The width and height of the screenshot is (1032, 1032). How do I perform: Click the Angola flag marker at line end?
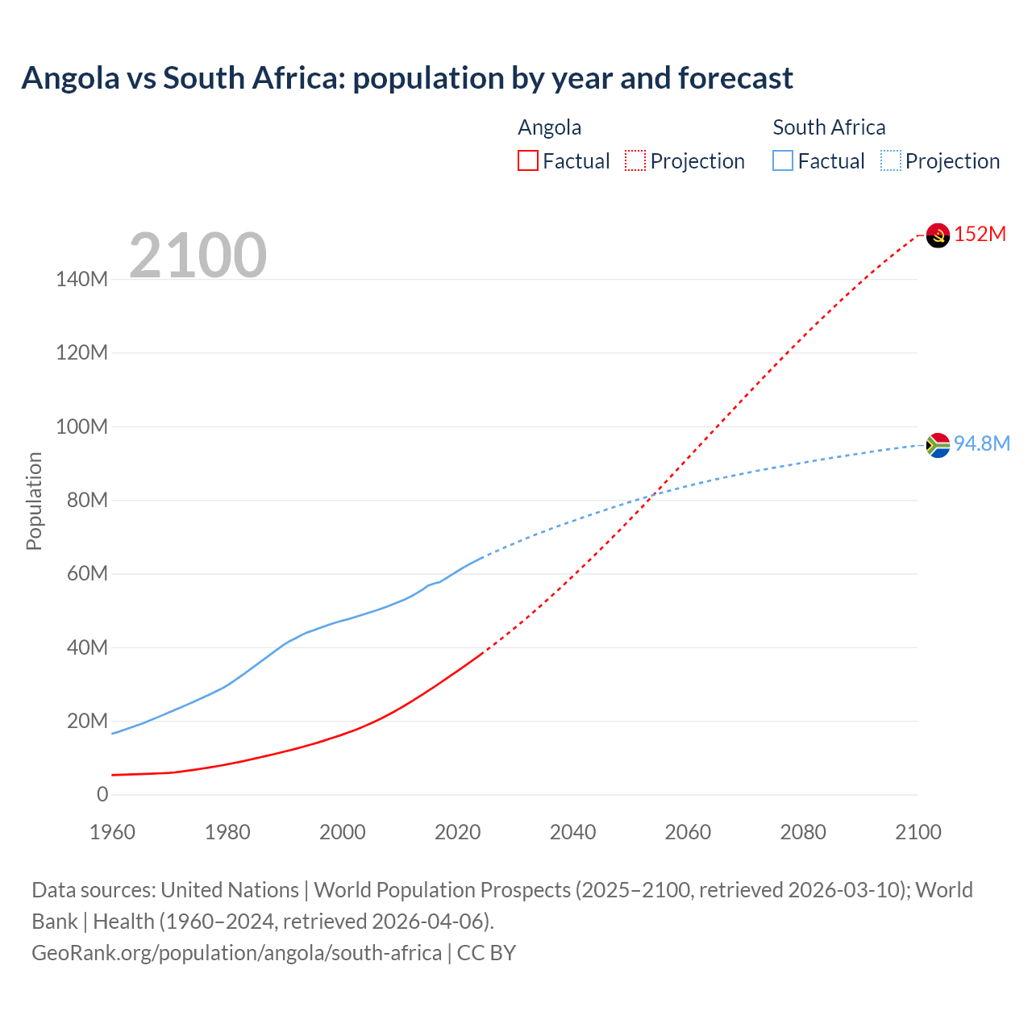(x=938, y=235)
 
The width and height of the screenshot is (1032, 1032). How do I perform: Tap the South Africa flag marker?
(x=938, y=445)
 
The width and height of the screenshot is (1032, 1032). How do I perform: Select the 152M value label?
(x=980, y=235)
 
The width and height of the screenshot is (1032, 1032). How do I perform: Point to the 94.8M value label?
(x=981, y=444)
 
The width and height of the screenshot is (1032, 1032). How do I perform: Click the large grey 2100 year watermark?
(x=198, y=256)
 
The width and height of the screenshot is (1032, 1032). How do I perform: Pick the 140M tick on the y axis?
(x=81, y=280)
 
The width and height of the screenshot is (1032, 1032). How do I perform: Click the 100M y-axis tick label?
(x=81, y=427)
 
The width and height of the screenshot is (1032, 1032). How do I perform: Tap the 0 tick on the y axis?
(x=102, y=794)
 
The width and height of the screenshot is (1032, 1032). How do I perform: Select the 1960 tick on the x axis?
(x=112, y=832)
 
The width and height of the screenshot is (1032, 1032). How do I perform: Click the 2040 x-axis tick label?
(x=572, y=832)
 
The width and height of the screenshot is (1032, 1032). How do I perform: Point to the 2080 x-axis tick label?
(x=803, y=832)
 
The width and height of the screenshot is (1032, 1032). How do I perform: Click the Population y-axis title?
(x=34, y=501)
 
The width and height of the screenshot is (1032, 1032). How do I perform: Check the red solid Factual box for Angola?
(x=528, y=161)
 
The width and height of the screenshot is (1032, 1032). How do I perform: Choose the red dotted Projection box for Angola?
(x=635, y=161)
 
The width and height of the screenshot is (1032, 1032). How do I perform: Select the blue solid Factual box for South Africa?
(x=783, y=161)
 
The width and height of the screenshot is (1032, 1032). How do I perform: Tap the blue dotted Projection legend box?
(x=891, y=161)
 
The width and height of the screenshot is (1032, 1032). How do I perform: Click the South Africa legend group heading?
(x=829, y=127)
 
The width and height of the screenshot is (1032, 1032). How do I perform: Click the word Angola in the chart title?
(x=70, y=78)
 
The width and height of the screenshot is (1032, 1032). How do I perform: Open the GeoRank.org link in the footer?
(x=236, y=953)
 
